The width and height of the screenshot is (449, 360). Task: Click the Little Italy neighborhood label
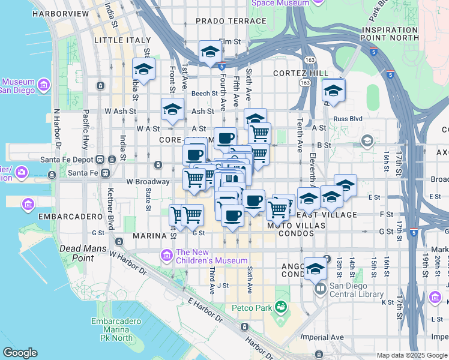pyautogui.click(x=122, y=40)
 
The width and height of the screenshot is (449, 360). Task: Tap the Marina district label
pyautogui.click(x=149, y=235)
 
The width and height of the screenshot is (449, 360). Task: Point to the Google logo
pyautogui.click(x=20, y=353)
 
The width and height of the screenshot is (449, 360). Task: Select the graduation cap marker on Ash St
pyautogui.click(x=172, y=109)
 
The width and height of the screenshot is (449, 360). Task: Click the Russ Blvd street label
pyautogui.click(x=349, y=119)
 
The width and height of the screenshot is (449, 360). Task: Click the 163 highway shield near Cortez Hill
pyautogui.click(x=306, y=83)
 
